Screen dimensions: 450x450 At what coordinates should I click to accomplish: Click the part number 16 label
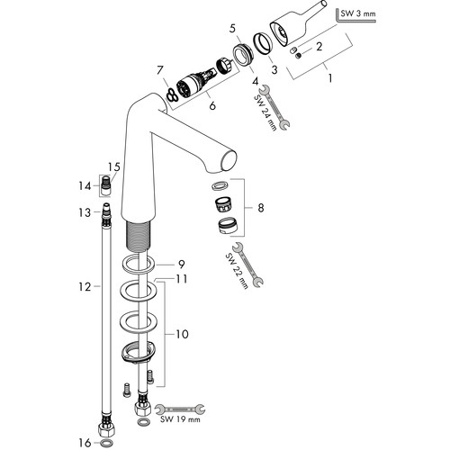coord(85,443)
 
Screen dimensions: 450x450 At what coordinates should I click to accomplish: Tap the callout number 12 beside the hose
coord(85,287)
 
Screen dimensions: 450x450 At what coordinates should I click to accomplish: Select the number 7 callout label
coord(160,70)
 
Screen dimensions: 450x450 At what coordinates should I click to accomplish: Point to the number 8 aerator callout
coord(261,208)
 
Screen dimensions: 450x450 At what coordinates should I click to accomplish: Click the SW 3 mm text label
coord(358,13)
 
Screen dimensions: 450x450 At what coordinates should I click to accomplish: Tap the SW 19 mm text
coord(180,419)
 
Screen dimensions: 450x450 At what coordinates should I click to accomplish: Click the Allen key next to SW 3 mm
coord(355,15)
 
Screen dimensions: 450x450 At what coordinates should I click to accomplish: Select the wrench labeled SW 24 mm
coord(274,107)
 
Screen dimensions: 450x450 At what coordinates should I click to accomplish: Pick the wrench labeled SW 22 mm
coord(247,264)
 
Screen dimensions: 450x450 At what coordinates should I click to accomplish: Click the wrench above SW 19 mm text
coord(180,409)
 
